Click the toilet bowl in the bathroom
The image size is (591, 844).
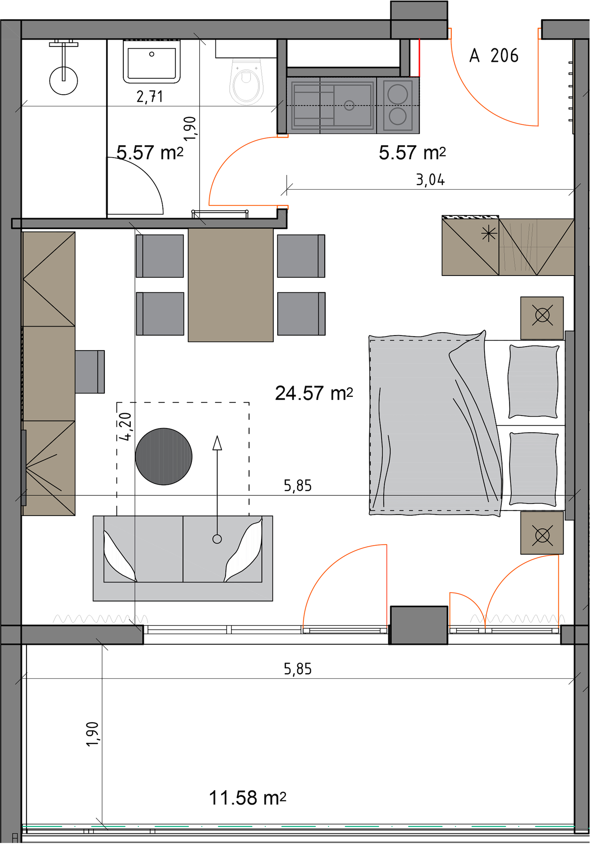(247, 81)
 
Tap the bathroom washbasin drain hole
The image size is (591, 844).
(152, 54)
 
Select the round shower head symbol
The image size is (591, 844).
(64, 80)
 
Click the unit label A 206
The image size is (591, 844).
(493, 55)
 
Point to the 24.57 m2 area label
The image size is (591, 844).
(314, 393)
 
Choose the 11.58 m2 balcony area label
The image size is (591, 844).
(247, 798)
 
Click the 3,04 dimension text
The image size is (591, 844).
(430, 180)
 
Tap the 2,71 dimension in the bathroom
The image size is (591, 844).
(150, 97)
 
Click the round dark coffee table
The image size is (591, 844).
(164, 457)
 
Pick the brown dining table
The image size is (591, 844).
(230, 285)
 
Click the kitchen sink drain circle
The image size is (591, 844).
(349, 105)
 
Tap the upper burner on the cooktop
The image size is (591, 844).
(398, 94)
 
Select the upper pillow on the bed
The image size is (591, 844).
(533, 382)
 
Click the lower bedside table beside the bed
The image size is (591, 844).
(542, 533)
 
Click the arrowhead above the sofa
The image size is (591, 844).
(217, 443)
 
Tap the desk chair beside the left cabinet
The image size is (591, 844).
(90, 372)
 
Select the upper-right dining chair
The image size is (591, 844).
(301, 256)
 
